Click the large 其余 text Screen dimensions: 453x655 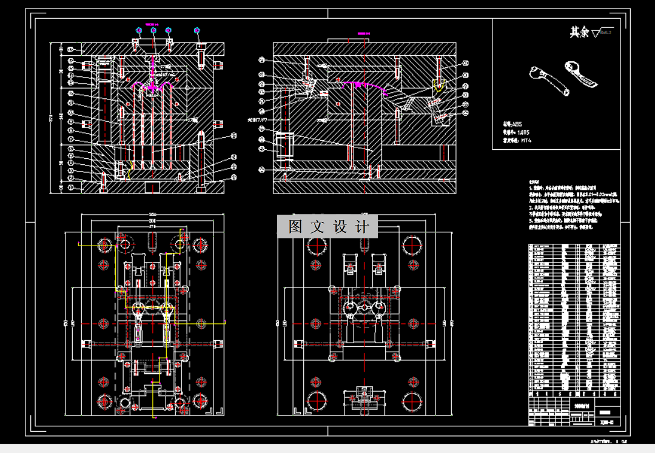pos(579,33)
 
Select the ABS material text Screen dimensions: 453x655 pos(505,123)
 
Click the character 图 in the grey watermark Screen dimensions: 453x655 pos(295,227)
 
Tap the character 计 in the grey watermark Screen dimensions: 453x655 pos(362,227)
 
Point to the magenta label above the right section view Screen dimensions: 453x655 pos(363,33)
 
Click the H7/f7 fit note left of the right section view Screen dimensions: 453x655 pos(258,120)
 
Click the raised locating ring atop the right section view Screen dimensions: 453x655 pos(344,41)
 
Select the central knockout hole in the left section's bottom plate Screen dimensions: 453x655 pos(152,186)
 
